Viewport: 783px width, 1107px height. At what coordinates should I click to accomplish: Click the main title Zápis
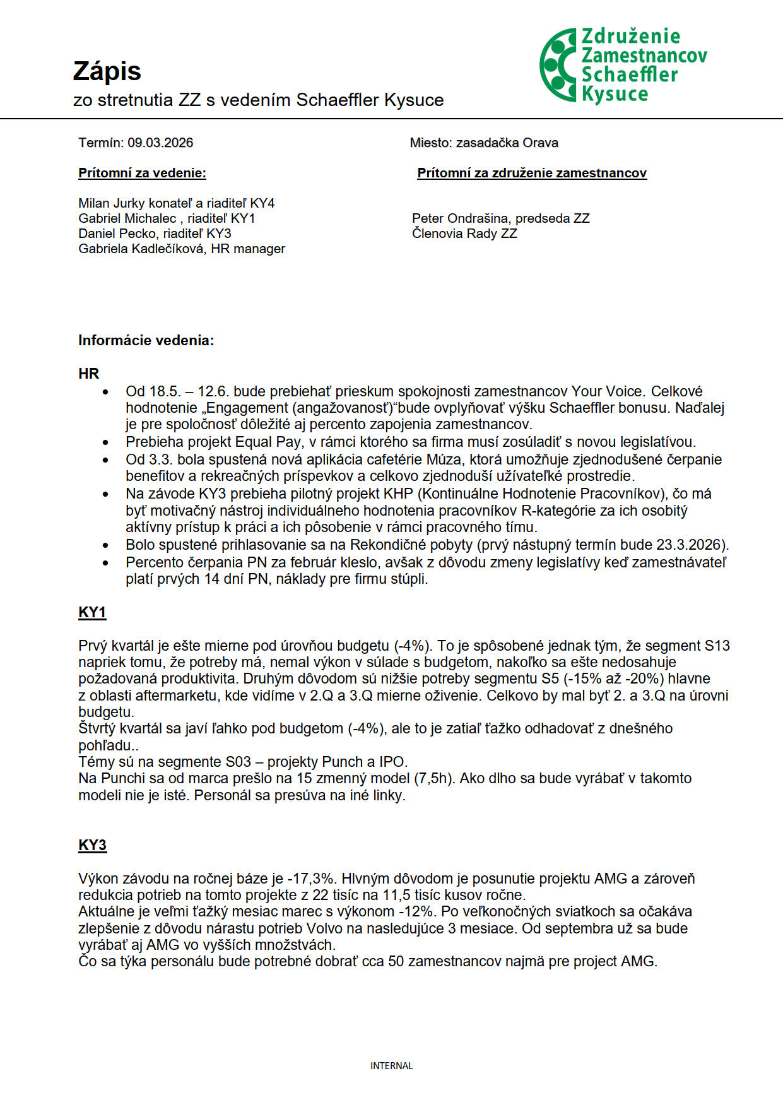[x=107, y=71]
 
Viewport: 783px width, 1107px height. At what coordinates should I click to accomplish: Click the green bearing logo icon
[x=558, y=65]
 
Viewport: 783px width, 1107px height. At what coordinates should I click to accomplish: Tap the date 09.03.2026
[x=160, y=143]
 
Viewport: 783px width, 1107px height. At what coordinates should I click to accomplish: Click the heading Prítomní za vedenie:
[x=142, y=173]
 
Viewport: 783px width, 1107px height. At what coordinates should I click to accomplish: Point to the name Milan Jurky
[x=110, y=203]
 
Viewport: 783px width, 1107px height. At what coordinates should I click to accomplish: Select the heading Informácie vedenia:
[x=146, y=341]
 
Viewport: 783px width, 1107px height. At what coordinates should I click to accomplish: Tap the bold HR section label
[x=89, y=374]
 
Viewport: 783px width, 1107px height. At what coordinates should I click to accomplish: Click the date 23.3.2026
[x=693, y=545]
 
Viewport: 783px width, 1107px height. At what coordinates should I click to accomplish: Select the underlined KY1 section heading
[x=92, y=612]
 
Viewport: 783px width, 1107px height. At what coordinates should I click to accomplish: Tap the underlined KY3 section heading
[x=92, y=845]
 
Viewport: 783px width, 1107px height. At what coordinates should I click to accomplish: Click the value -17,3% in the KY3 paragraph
[x=312, y=879]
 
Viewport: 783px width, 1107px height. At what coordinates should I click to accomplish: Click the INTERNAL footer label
[x=391, y=1066]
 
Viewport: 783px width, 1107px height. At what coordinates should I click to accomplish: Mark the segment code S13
[x=717, y=646]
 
